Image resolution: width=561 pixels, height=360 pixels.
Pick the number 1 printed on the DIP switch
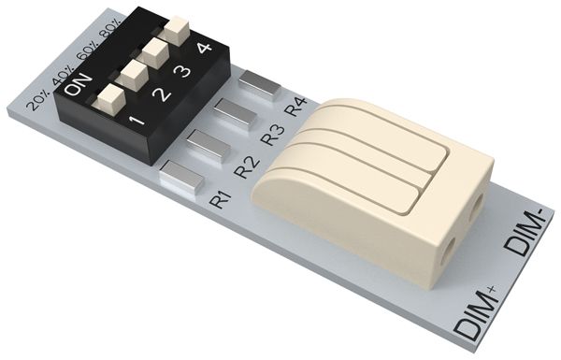[x=137, y=121]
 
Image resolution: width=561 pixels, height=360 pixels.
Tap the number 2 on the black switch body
[x=162, y=94]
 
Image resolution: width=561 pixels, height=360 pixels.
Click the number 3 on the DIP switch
[x=184, y=69]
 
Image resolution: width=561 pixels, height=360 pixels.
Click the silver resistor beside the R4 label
[x=259, y=85]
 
